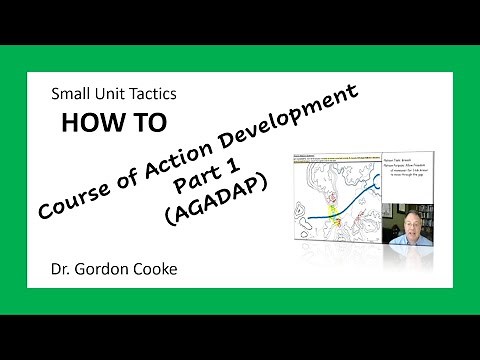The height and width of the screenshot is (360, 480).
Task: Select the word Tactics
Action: pos(150,96)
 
